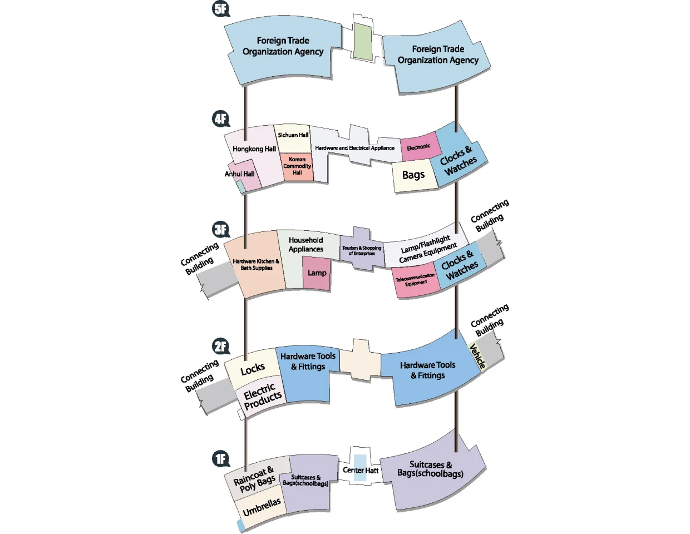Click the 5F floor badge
click(x=221, y=9)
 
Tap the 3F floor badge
click(x=221, y=229)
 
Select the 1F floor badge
click(x=221, y=459)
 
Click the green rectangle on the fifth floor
click(x=363, y=42)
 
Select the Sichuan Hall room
click(x=293, y=139)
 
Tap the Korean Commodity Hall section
click(x=297, y=166)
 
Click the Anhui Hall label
click(x=239, y=174)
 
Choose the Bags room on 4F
click(x=414, y=175)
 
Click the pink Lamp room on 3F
click(x=317, y=273)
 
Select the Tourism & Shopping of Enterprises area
click(x=362, y=249)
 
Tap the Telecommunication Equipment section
click(x=416, y=280)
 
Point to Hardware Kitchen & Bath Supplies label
click(x=257, y=265)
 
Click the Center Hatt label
click(x=361, y=470)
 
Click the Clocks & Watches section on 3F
click(x=460, y=265)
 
